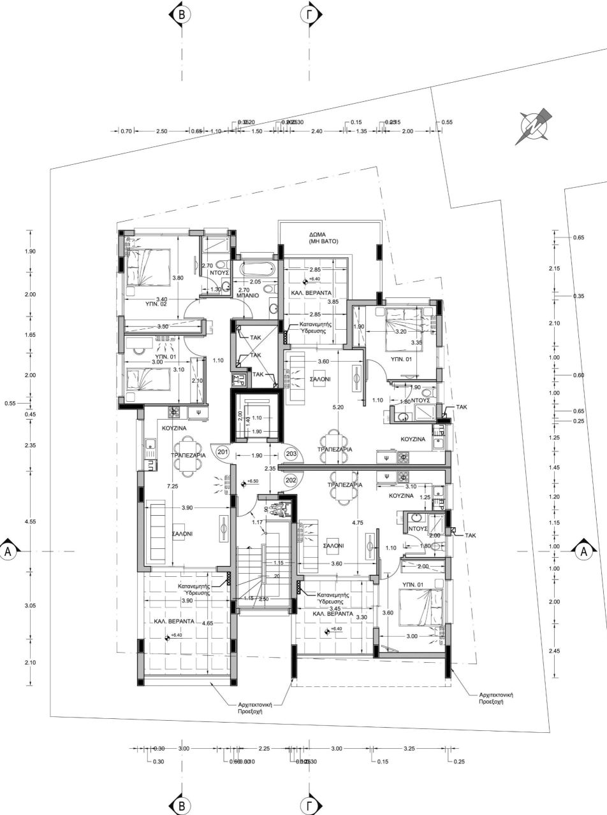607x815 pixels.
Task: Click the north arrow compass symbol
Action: pyautogui.click(x=533, y=125)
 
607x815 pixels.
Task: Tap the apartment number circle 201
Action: pyautogui.click(x=223, y=452)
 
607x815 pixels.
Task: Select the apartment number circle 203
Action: pyautogui.click(x=292, y=453)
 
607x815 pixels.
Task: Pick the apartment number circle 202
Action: pyautogui.click(x=292, y=479)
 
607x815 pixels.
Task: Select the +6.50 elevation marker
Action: pyautogui.click(x=252, y=483)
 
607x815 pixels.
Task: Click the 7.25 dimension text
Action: pyautogui.click(x=172, y=486)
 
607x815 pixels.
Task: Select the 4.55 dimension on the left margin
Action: pyautogui.click(x=29, y=521)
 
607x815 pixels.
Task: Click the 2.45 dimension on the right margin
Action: pyautogui.click(x=555, y=651)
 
